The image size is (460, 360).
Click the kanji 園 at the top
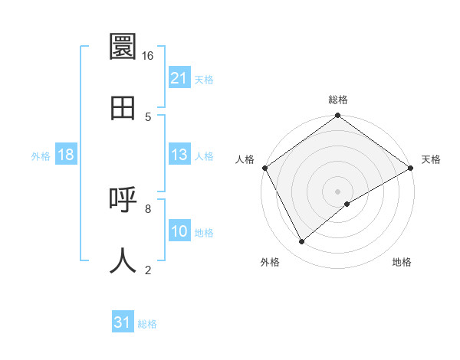tap(123, 47)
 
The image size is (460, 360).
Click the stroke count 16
tap(147, 56)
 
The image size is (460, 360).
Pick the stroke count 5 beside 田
tap(148, 116)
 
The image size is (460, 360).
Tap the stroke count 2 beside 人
tap(148, 269)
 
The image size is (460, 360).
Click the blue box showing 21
tap(179, 78)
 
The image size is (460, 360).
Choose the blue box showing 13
tap(179, 155)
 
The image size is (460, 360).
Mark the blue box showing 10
tap(179, 231)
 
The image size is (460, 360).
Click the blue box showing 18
tap(66, 155)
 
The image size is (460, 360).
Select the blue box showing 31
tap(123, 322)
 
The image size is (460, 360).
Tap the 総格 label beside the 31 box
tap(147, 324)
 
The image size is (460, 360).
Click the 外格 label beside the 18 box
tap(41, 155)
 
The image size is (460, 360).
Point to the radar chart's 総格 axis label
tap(338, 100)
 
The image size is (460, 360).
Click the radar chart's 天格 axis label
tap(431, 159)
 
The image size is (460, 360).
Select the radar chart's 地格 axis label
tap(402, 262)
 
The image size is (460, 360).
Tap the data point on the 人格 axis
tap(264, 168)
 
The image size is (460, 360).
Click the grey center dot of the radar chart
tap(338, 191)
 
